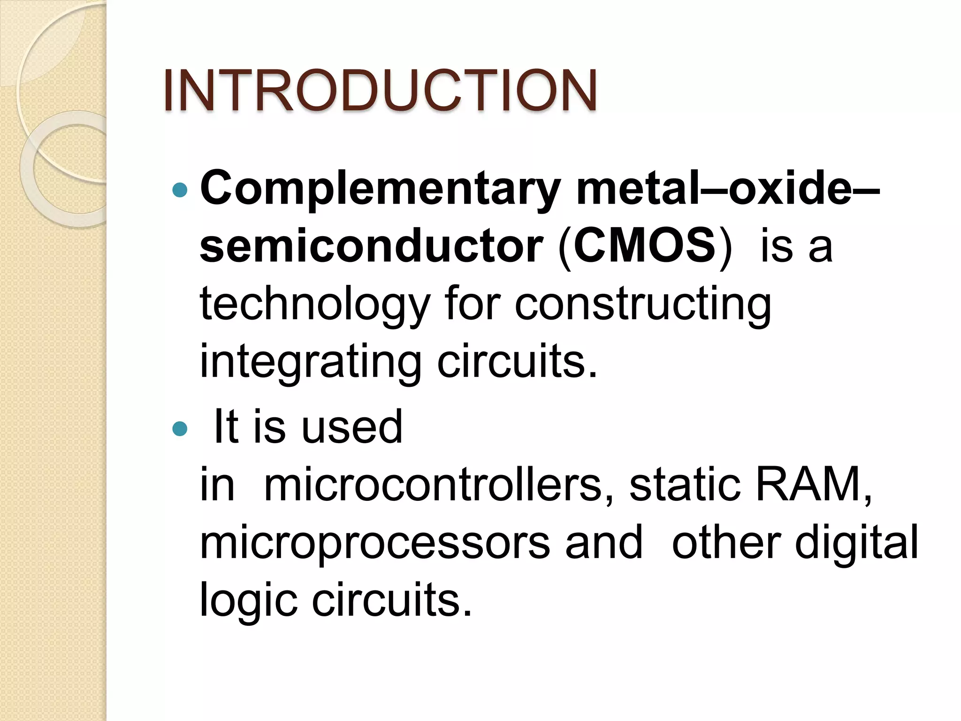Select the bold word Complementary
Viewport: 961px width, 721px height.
pyautogui.click(x=381, y=189)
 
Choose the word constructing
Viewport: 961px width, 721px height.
pyautogui.click(x=643, y=305)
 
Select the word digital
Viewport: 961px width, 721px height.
pyautogui.click(x=856, y=544)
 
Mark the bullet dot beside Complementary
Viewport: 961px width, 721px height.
pyautogui.click(x=180, y=190)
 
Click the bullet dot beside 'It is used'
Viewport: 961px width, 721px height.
pyautogui.click(x=180, y=428)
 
